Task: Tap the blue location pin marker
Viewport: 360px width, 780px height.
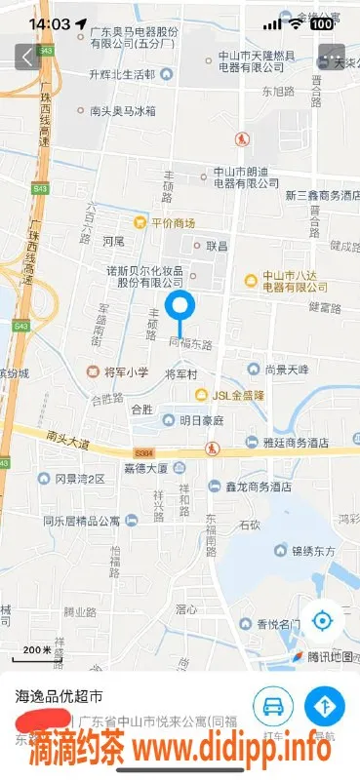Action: click(x=180, y=309)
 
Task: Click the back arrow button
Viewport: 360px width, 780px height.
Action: click(x=25, y=58)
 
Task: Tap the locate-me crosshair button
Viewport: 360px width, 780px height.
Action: click(x=322, y=620)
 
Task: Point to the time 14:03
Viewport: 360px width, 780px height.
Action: click(x=51, y=23)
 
